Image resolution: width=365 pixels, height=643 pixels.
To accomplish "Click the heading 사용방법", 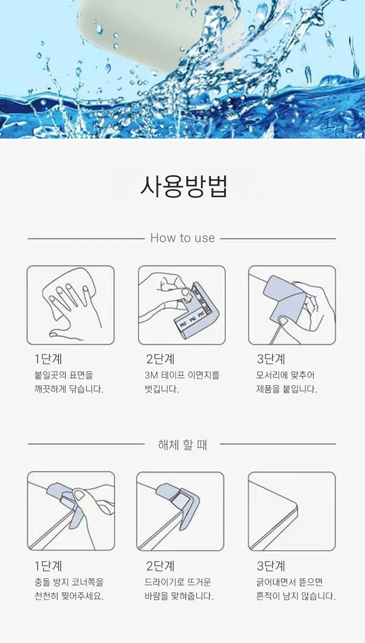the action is (184, 186).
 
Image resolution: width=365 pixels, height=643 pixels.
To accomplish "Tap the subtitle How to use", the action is (182, 238).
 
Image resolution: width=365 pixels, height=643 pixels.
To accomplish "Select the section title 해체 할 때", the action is (182, 445).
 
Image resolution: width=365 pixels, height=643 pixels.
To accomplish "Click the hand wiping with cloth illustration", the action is (70, 305).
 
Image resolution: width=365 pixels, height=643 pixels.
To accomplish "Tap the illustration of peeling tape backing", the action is (182, 305).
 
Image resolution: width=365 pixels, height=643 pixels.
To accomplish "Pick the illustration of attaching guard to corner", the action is (292, 305).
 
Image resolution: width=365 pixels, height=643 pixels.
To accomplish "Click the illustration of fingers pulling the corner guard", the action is (71, 511).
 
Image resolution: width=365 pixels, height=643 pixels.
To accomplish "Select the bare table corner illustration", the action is (292, 511).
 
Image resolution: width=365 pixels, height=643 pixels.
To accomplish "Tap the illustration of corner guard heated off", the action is (180, 511).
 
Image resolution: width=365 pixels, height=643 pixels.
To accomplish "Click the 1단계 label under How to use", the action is (48, 359).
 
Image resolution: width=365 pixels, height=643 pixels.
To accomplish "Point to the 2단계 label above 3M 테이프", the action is (160, 359).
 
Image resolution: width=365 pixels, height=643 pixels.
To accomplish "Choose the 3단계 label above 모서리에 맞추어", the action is (271, 359).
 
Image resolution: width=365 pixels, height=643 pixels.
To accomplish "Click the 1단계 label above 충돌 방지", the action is (48, 566).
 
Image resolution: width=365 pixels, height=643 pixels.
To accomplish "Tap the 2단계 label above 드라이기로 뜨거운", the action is (160, 566).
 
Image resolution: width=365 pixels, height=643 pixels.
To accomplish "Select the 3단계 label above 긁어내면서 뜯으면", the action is (271, 566).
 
